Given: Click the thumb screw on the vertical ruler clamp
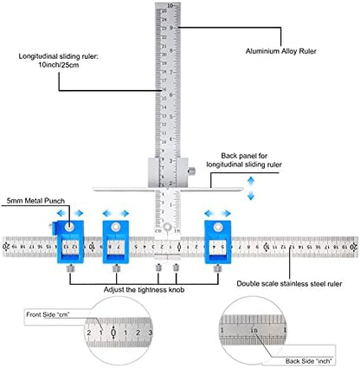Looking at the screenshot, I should pos(197,169).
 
